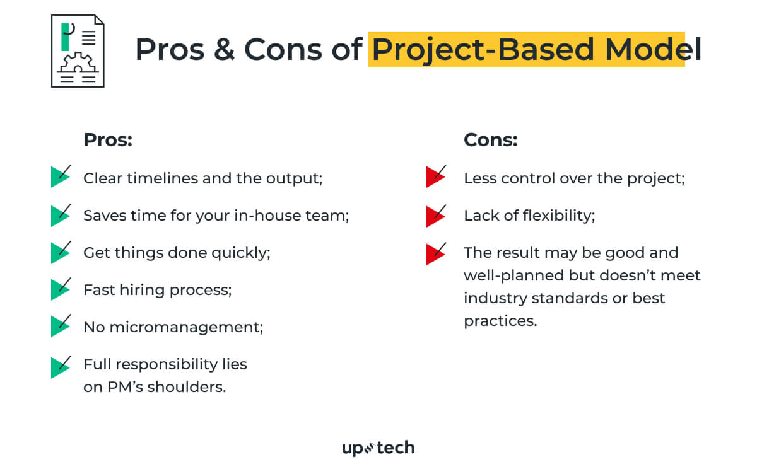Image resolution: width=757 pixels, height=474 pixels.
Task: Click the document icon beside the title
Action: click(x=78, y=51)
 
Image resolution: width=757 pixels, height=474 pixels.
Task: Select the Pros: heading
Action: click(x=108, y=140)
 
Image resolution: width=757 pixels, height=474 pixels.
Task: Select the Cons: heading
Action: click(x=490, y=140)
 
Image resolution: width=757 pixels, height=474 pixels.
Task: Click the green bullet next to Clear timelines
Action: click(x=60, y=177)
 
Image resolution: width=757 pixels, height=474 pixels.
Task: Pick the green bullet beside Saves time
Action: click(x=60, y=215)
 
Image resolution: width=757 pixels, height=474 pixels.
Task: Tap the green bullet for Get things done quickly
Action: click(x=60, y=252)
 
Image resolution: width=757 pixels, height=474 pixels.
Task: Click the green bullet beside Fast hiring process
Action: click(x=60, y=289)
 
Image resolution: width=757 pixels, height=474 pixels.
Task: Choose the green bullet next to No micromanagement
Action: click(x=60, y=327)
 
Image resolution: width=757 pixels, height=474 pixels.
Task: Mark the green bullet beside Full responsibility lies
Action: click(x=60, y=366)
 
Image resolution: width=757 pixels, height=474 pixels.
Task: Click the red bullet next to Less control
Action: click(x=436, y=177)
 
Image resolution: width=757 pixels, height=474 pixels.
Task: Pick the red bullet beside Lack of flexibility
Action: click(x=436, y=215)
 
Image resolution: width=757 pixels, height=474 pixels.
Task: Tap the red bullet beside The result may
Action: click(x=436, y=253)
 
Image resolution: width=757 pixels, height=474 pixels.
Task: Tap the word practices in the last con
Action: click(x=500, y=321)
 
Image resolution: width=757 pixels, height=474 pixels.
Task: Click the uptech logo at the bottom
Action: click(x=378, y=448)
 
